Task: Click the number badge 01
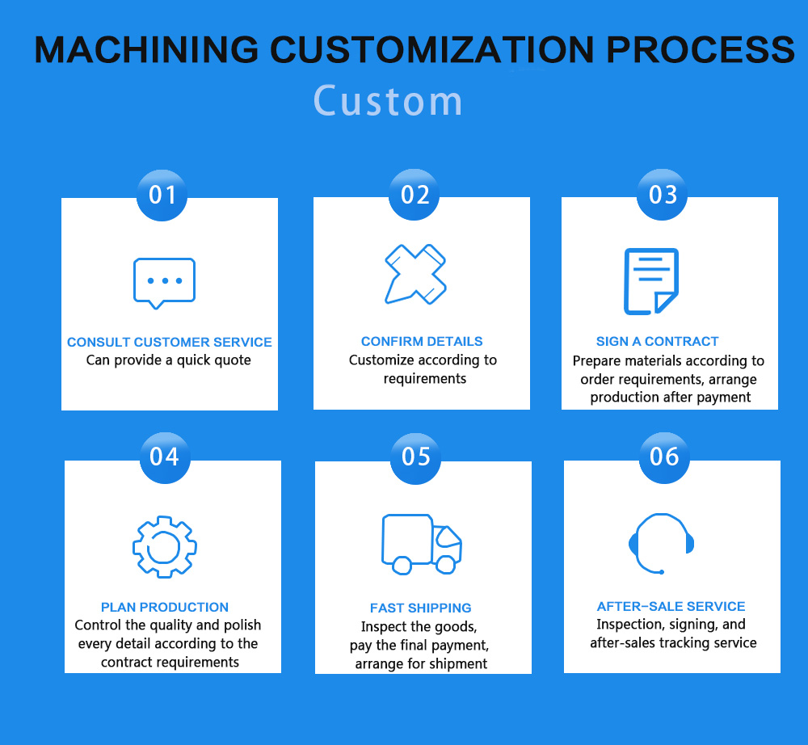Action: (x=162, y=196)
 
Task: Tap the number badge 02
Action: (x=414, y=195)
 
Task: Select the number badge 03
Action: (x=663, y=195)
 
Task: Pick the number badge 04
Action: (x=165, y=457)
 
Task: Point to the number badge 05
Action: (x=415, y=458)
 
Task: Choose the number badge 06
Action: (x=664, y=457)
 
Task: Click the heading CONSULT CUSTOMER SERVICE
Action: (x=170, y=342)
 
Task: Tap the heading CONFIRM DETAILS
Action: (x=422, y=341)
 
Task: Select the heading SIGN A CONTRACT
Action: (x=657, y=341)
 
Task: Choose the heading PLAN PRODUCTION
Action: (x=165, y=607)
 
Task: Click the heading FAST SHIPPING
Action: (x=420, y=608)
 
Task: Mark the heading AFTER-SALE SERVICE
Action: (x=671, y=606)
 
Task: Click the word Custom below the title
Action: (x=388, y=100)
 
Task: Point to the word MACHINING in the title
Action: (x=146, y=49)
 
